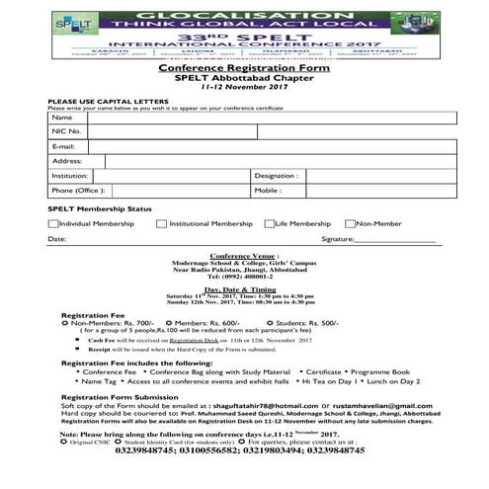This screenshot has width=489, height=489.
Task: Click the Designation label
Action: pos(275,175)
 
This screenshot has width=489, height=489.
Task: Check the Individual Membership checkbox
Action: pos(53,224)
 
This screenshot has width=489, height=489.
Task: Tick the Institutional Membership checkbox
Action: pos(161,224)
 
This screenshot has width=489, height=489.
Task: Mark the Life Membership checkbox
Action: pos(269,224)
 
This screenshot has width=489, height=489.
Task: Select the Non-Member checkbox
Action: pos(350,224)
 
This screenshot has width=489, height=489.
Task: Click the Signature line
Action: pos(395,240)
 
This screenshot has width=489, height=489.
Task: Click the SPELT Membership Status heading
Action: pos(100,209)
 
